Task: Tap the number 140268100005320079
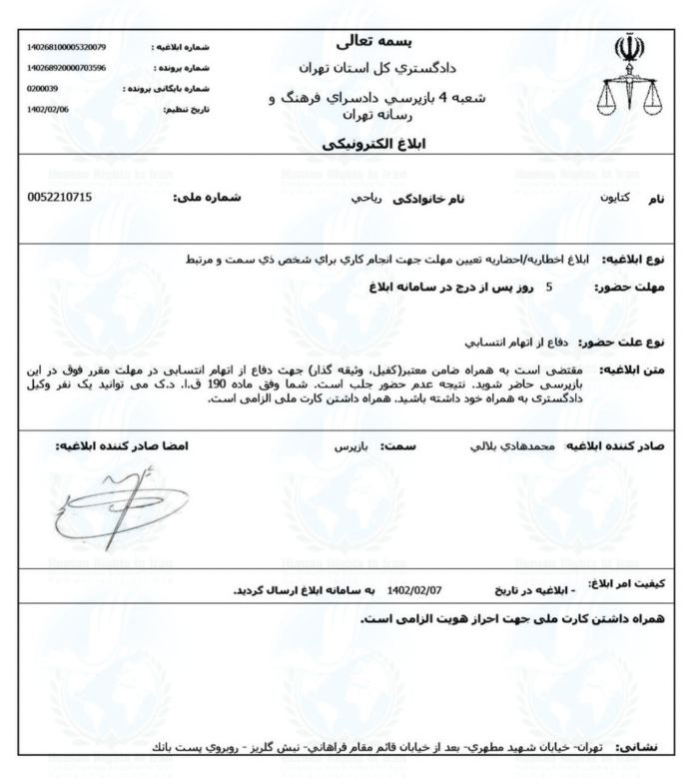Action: point(62,47)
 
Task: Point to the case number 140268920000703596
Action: point(62,67)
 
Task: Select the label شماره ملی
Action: point(204,198)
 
